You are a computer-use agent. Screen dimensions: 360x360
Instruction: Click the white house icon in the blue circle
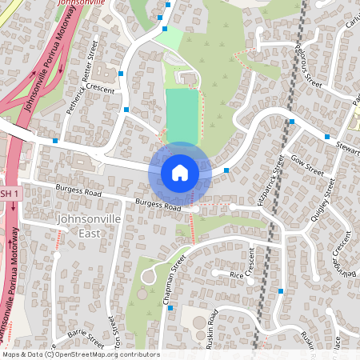(x=180, y=172)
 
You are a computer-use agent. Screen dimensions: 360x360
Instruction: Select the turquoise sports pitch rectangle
(x=182, y=117)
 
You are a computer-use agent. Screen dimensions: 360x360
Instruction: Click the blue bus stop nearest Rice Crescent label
(x=281, y=291)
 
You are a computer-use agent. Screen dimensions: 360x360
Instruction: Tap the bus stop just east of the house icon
(x=226, y=170)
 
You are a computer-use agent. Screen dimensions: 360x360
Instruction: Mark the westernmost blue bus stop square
(x=54, y=141)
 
